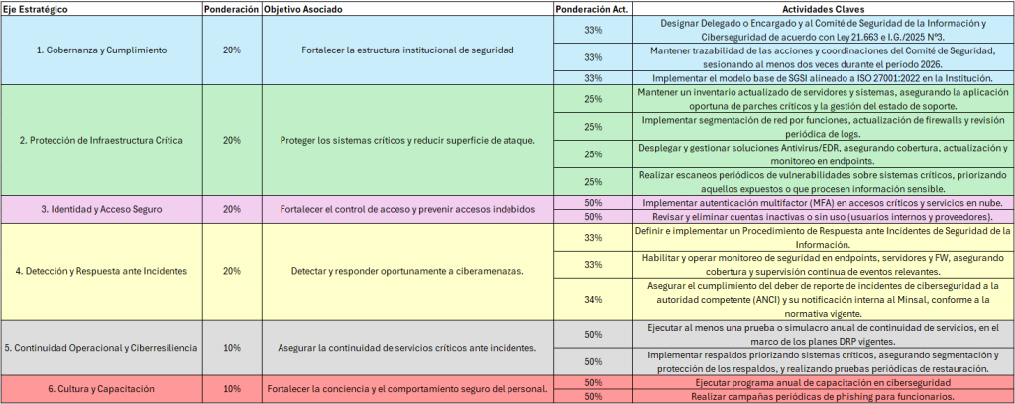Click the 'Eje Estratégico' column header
(x=35, y=8)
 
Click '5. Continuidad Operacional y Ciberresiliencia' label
(x=101, y=348)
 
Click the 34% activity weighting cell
(x=593, y=300)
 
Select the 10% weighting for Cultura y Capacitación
(x=231, y=389)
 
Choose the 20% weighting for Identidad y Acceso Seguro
(x=231, y=209)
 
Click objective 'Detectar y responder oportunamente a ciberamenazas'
(x=408, y=271)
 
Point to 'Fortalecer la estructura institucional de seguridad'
(x=408, y=50)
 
